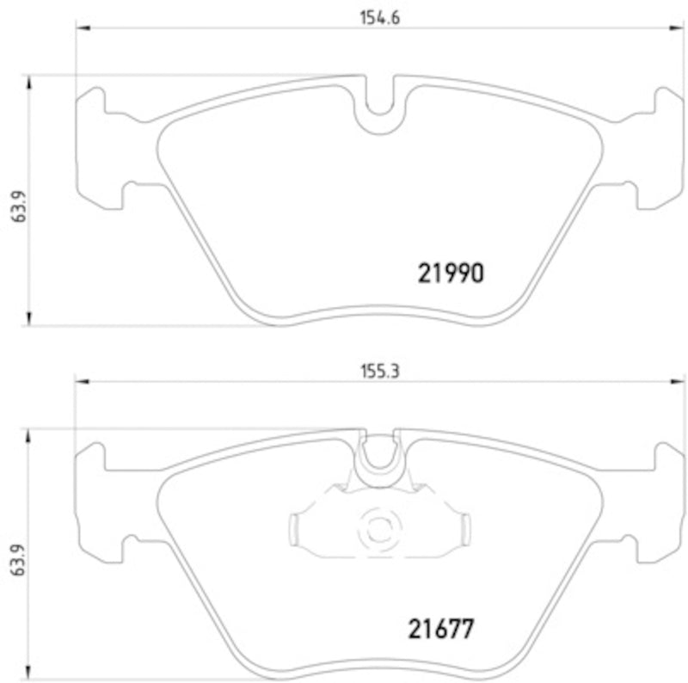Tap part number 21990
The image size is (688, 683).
451,274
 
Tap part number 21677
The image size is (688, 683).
440,628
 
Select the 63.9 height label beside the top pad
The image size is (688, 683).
15,206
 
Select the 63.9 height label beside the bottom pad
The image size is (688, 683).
15,563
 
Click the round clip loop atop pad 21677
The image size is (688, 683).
378,456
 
